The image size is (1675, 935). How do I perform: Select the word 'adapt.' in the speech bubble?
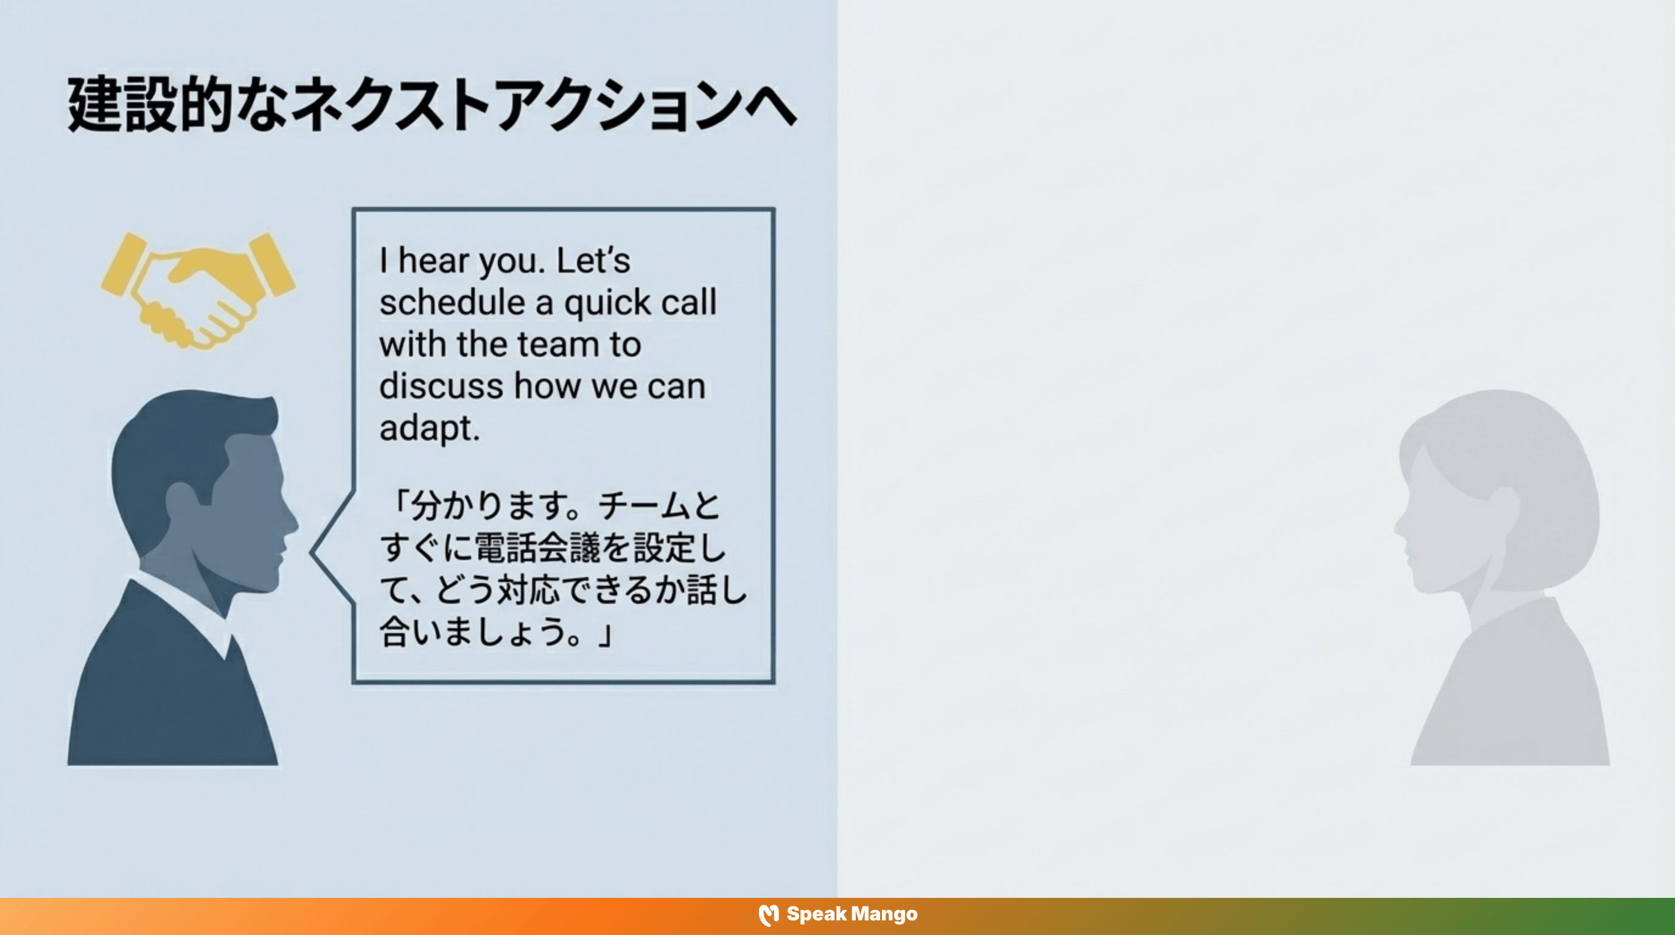click(429, 428)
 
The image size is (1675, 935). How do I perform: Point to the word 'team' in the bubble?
click(559, 344)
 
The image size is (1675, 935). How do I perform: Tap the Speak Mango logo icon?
click(768, 915)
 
